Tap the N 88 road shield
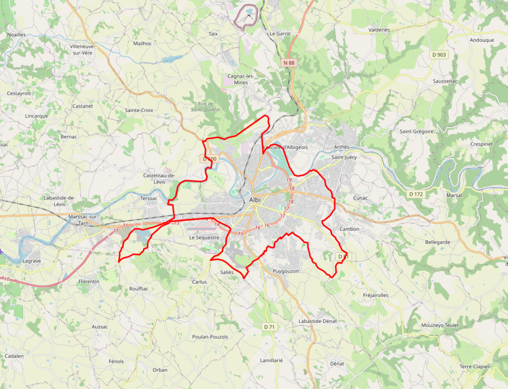[288, 63]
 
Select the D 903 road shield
[439, 55]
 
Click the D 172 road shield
[416, 194]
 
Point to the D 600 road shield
[210, 158]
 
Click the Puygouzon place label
[286, 271]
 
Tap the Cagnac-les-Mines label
[241, 79]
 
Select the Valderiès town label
[378, 30]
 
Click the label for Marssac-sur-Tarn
[84, 220]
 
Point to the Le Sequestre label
[204, 238]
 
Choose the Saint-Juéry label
[344, 157]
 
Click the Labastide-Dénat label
[317, 321]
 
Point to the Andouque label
[482, 40]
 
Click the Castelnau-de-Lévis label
[159, 178]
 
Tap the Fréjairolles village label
[376, 295]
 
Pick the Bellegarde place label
[438, 242]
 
